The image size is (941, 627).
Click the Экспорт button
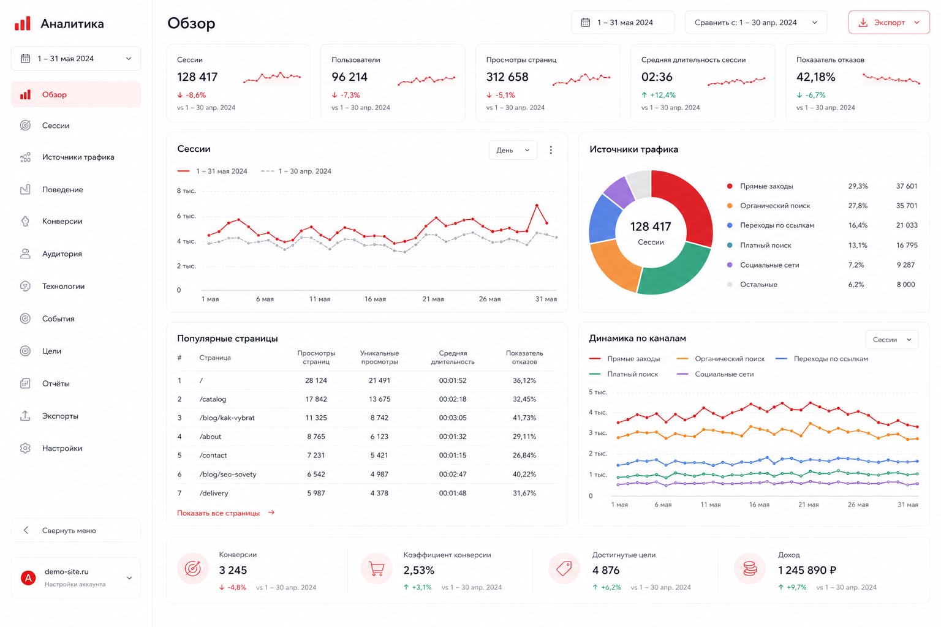click(888, 23)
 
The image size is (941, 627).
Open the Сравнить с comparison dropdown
click(756, 23)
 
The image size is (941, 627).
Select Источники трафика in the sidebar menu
click(78, 157)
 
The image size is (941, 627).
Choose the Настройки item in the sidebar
click(62, 448)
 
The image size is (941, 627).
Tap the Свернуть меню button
click(76, 530)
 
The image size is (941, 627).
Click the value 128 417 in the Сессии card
click(197, 77)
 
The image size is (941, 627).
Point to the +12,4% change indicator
click(659, 96)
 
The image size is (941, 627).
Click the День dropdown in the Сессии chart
click(513, 151)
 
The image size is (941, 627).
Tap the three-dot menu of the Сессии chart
click(551, 151)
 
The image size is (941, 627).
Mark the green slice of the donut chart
click(677, 270)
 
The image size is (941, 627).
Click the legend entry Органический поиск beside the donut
click(775, 206)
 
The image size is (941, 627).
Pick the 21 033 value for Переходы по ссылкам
click(907, 225)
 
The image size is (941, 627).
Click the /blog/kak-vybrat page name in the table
click(227, 418)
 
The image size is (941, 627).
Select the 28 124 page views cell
click(316, 380)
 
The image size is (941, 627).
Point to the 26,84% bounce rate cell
click(524, 455)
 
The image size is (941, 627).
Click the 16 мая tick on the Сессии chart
click(375, 299)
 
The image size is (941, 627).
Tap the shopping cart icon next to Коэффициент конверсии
click(376, 569)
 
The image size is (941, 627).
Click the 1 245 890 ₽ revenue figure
click(807, 570)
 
